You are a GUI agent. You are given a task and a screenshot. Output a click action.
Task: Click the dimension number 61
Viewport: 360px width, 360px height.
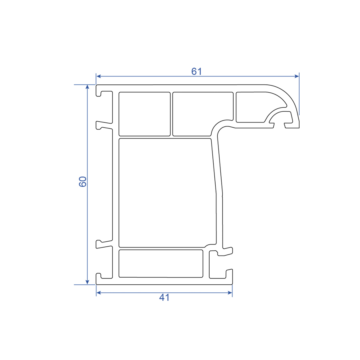[196, 72]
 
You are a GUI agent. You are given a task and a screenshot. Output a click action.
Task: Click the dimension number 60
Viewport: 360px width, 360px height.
[83, 182]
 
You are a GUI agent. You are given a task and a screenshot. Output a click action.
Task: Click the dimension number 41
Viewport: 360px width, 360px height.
[164, 298]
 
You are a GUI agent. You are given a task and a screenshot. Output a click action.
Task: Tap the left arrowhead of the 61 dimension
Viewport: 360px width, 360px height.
[99, 76]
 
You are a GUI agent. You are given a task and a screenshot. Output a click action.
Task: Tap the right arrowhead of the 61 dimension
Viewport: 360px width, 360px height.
[296, 76]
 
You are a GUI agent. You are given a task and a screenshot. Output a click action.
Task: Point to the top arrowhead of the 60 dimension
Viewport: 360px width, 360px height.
[87, 87]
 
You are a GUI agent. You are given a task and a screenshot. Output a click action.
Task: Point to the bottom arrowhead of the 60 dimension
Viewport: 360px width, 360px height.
[87, 282]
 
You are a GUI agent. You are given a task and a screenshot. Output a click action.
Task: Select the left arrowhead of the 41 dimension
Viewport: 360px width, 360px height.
[99, 293]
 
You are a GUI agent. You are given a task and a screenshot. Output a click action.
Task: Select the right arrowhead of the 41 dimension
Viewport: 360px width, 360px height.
[230, 293]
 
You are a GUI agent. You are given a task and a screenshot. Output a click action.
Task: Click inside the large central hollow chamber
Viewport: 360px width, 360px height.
[167, 193]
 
